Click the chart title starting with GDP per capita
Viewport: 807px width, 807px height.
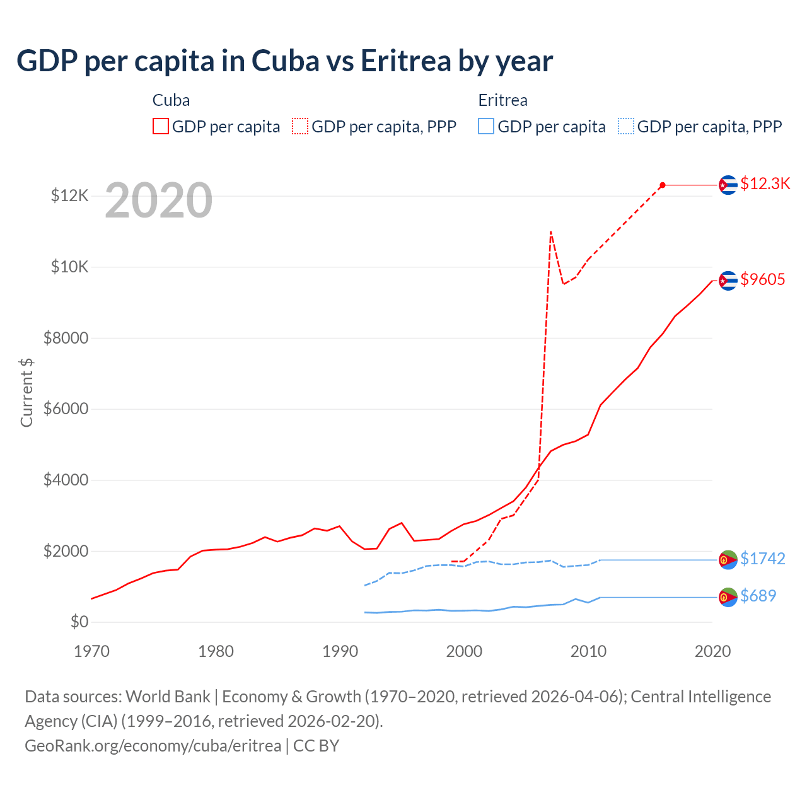pyautogui.click(x=284, y=61)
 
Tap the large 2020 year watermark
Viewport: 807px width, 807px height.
pyautogui.click(x=158, y=200)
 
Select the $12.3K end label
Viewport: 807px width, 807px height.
pyautogui.click(x=765, y=183)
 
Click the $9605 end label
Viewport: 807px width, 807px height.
pyautogui.click(x=762, y=279)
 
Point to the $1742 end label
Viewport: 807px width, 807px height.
pyautogui.click(x=762, y=559)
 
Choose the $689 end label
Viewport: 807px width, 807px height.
pyautogui.click(x=758, y=596)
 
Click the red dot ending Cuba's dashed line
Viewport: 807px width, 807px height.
pyautogui.click(x=663, y=185)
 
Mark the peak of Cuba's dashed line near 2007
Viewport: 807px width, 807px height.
pyautogui.click(x=551, y=231)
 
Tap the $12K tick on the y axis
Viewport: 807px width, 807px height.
pyautogui.click(x=69, y=195)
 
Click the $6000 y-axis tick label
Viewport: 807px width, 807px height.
pyautogui.click(x=66, y=409)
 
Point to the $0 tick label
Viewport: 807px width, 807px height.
pyautogui.click(x=79, y=622)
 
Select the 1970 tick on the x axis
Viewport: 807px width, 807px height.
pyautogui.click(x=91, y=651)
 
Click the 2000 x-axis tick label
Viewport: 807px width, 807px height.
pyautogui.click(x=464, y=651)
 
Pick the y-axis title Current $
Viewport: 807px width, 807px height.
pyautogui.click(x=26, y=392)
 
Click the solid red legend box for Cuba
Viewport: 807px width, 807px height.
pyautogui.click(x=161, y=126)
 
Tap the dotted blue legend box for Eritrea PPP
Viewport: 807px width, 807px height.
pyautogui.click(x=626, y=126)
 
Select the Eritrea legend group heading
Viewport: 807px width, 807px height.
pyautogui.click(x=502, y=100)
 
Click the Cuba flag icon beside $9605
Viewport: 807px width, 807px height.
pyautogui.click(x=728, y=281)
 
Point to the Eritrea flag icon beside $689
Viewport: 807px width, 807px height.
pyautogui.click(x=728, y=597)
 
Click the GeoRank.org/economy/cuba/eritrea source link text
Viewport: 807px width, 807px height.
pyautogui.click(x=153, y=745)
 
